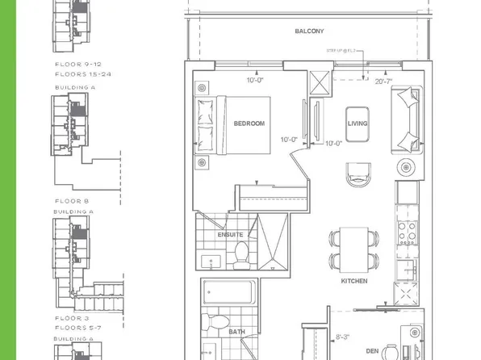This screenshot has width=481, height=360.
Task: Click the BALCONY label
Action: coord(309,31)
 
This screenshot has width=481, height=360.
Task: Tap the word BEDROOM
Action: coord(249,123)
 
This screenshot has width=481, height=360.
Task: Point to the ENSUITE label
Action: coord(230,235)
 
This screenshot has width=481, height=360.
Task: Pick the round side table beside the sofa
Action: coord(406,167)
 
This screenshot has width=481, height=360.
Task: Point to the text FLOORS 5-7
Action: coord(79,327)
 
